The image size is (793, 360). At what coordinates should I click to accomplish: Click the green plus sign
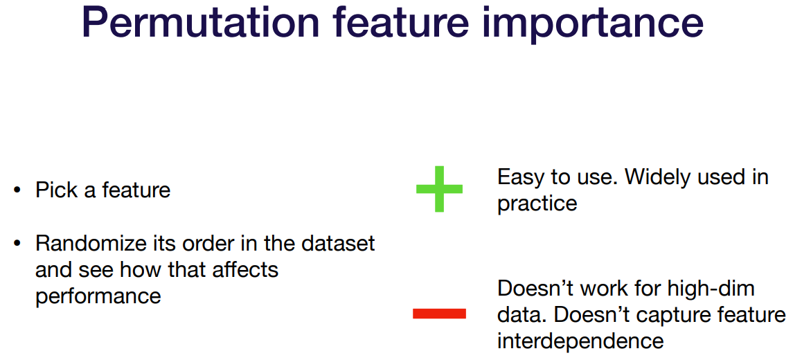[x=439, y=188]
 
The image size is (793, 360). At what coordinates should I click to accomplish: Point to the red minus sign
[x=439, y=314]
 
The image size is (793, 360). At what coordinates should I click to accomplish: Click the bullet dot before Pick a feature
[x=18, y=191]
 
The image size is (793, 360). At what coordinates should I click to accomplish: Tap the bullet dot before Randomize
[x=18, y=244]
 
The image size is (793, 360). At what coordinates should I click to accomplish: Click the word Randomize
[x=90, y=243]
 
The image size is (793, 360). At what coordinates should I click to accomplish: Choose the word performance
[x=98, y=296]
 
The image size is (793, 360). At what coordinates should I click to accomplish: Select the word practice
[x=537, y=204]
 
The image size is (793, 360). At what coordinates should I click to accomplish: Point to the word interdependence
[x=580, y=341]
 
